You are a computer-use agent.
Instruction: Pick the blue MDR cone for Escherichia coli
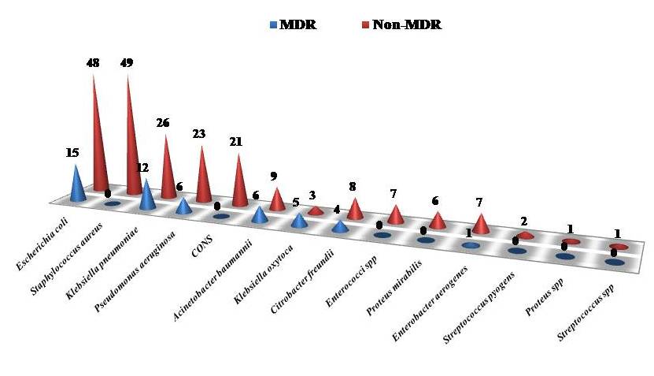77,184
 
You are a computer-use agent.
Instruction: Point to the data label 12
142,169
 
